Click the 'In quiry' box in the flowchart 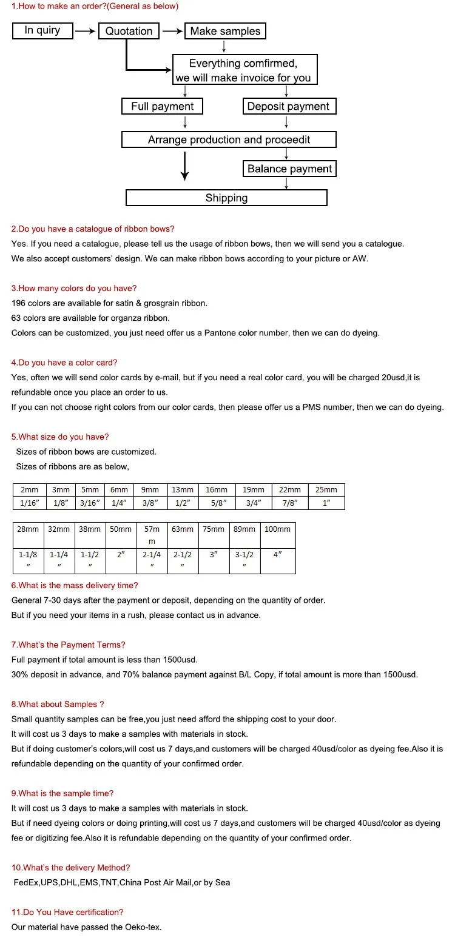tap(42, 30)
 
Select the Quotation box tap(129, 31)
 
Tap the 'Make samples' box tap(225, 31)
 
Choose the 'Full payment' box tap(162, 106)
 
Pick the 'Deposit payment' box tap(288, 106)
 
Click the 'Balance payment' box tap(289, 169)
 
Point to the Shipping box tap(226, 198)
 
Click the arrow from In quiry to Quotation tap(86, 31)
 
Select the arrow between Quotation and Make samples tap(172, 31)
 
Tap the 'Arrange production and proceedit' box tap(229, 139)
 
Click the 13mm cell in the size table tap(183, 490)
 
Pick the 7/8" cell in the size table tap(289, 503)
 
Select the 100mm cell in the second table tap(277, 529)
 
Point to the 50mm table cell tap(121, 529)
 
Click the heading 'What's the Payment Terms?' tap(69, 645)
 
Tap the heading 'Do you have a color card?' tap(64, 363)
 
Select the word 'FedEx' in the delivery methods tap(26, 882)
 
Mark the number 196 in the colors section tap(18, 303)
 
